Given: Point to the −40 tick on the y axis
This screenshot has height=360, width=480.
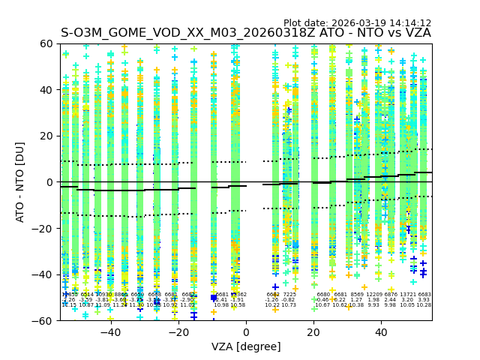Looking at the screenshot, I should tap(46, 274).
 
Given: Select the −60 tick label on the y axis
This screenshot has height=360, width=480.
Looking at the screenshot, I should tap(46, 320).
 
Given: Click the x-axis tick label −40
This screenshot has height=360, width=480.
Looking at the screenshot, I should tap(110, 333).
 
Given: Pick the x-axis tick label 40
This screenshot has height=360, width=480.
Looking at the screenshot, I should tap(381, 333).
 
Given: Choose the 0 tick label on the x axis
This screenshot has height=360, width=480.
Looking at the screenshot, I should tap(246, 333).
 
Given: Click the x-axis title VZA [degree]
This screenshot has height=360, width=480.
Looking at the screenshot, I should tap(246, 346).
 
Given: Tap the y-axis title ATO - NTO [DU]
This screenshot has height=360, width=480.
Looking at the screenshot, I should tap(21, 182).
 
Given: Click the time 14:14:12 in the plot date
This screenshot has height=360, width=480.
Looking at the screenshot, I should tap(410, 23).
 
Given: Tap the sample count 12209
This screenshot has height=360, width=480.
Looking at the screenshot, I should tap(373, 295).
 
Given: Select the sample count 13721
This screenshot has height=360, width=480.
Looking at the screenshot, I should tap(407, 295).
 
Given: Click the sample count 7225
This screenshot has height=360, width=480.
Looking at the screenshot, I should tap(289, 295).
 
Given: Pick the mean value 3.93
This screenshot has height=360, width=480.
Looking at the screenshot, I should tap(424, 300).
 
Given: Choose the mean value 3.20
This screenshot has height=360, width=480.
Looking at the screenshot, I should tap(407, 300).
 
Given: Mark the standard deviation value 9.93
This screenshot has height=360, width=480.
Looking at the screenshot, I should tap(373, 305).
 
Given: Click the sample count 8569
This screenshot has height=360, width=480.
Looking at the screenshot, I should tap(357, 295).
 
